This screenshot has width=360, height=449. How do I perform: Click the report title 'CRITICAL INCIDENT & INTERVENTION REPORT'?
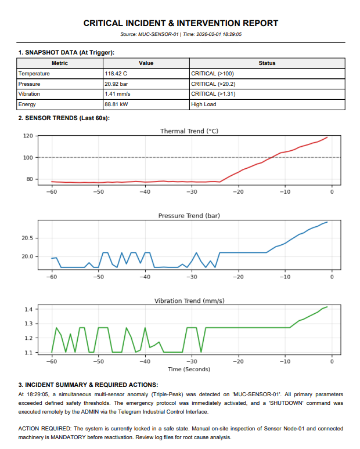pyautogui.click(x=181, y=23)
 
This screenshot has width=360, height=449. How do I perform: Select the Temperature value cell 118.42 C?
pyautogui.click(x=116, y=74)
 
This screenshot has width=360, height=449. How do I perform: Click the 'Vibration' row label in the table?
pyautogui.click(x=30, y=95)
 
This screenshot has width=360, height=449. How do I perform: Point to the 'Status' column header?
pyautogui.click(x=267, y=63)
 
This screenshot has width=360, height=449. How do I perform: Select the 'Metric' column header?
pyautogui.click(x=60, y=63)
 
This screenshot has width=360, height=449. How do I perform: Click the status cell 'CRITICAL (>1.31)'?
pyautogui.click(x=213, y=95)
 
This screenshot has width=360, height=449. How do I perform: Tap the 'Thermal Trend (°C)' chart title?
pyautogui.click(x=189, y=131)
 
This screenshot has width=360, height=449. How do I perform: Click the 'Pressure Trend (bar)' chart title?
pyautogui.click(x=189, y=216)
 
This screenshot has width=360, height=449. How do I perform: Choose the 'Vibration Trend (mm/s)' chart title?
pyautogui.click(x=189, y=300)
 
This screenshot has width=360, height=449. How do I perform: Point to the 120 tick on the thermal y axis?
pyautogui.click(x=28, y=136)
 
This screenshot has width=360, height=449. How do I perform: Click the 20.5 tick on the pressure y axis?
pyautogui.click(x=27, y=238)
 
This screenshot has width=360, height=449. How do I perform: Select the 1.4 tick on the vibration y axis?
pyautogui.click(x=28, y=310)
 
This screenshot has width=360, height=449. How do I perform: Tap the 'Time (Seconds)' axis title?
pyautogui.click(x=189, y=369)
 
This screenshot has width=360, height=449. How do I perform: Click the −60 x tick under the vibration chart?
pyautogui.click(x=52, y=361)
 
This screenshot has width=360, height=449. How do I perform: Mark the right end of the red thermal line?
pyautogui.click(x=327, y=137)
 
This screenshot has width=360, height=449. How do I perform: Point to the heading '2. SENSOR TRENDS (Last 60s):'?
pyautogui.click(x=64, y=118)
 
